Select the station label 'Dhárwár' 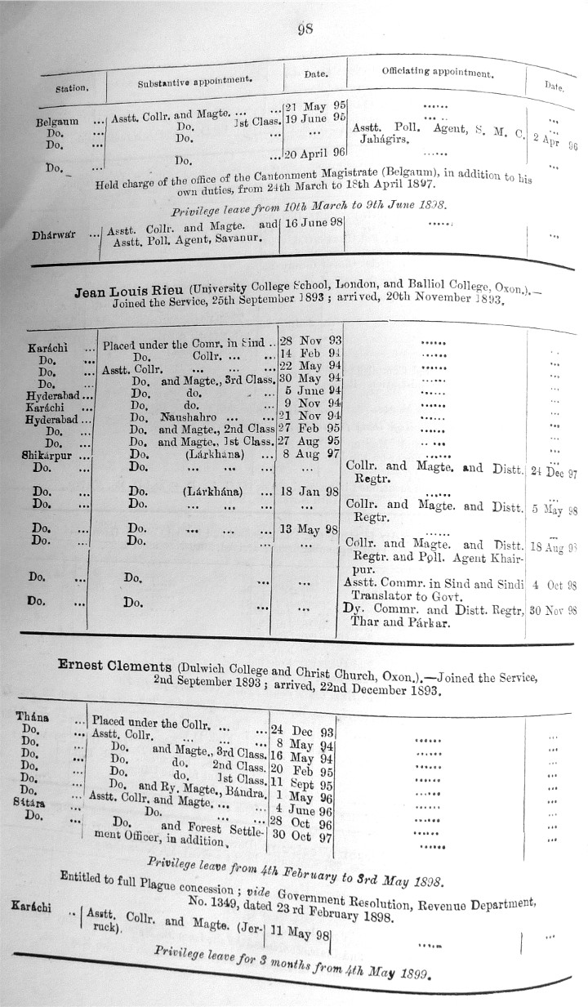click(x=54, y=235)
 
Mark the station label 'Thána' click(x=32, y=716)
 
